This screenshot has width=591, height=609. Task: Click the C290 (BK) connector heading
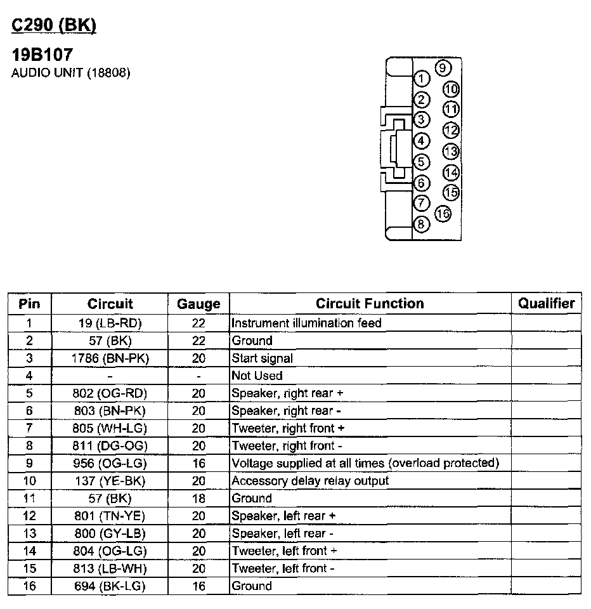[x=54, y=25]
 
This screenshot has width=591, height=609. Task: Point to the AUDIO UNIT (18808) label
[x=71, y=73]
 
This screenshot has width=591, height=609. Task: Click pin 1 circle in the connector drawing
[x=421, y=79]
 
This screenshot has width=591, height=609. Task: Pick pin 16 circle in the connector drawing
[x=443, y=214]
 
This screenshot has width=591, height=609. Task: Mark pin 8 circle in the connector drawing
[x=421, y=224]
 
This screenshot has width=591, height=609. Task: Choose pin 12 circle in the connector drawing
[x=451, y=131]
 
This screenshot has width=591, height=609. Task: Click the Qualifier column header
[x=546, y=303]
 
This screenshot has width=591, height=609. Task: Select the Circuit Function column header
[x=370, y=303]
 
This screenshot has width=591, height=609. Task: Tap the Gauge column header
[x=198, y=304]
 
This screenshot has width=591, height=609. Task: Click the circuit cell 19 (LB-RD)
[x=110, y=323]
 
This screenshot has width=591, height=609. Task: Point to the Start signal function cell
[x=263, y=358]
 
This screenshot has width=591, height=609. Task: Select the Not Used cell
[x=257, y=376]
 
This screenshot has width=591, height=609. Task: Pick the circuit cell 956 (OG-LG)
[x=110, y=464]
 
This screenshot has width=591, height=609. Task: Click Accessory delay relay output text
[x=310, y=481]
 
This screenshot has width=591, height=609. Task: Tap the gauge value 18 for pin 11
[x=198, y=499]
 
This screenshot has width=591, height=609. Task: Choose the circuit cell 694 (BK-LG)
[x=110, y=586]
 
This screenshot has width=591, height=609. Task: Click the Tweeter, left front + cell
[x=284, y=551]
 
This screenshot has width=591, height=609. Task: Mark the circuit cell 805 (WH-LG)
[x=110, y=428]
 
